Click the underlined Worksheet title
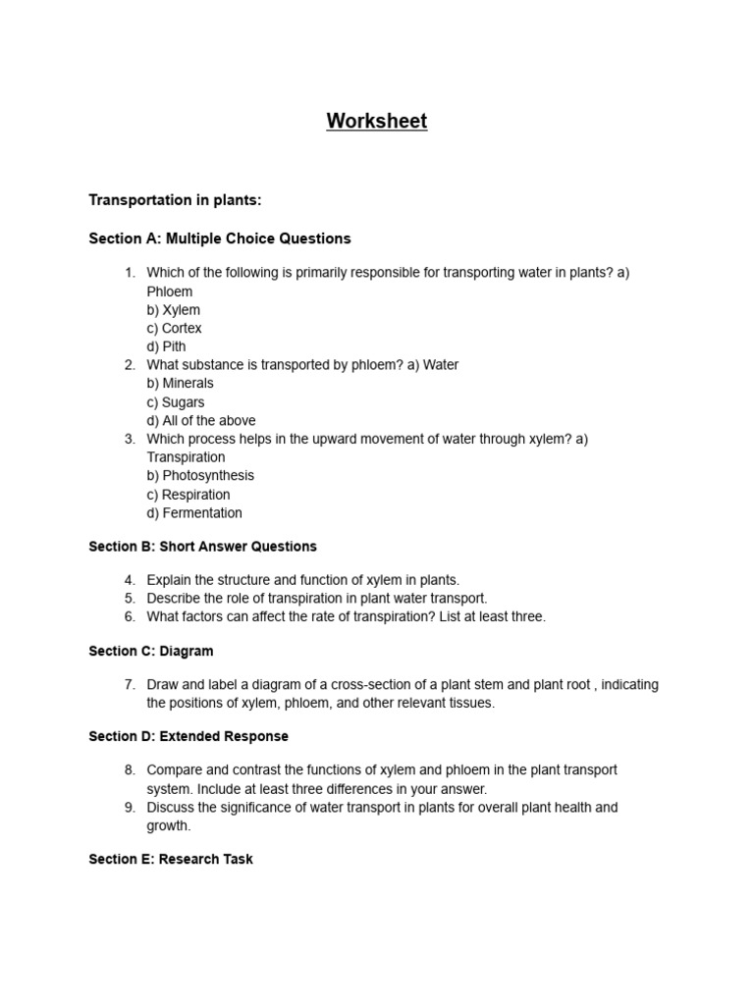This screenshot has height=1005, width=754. pos(377,122)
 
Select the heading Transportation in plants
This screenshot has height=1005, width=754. pos(176,200)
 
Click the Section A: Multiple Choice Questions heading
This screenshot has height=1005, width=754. pos(220,238)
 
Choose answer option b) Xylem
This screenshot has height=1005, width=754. pos(174,310)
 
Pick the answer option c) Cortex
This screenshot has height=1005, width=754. pos(175,329)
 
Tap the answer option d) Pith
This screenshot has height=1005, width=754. pos(167,346)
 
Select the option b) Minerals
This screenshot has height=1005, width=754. pos(181,384)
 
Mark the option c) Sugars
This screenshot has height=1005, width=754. pos(176,402)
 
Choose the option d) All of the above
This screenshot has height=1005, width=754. pos(201,421)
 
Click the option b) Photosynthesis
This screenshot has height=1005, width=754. pos(200,476)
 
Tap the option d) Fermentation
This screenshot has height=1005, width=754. pos(194,513)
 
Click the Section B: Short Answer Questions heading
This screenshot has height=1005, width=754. pos(203,547)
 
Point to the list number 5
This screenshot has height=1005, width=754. pos(130,599)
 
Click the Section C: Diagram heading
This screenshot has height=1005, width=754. pos(151,652)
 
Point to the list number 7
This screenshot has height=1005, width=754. pos(130,685)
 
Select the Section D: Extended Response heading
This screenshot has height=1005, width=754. pos(188,736)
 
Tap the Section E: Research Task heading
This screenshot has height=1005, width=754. pos(171,860)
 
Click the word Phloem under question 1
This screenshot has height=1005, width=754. pos(170,291)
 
